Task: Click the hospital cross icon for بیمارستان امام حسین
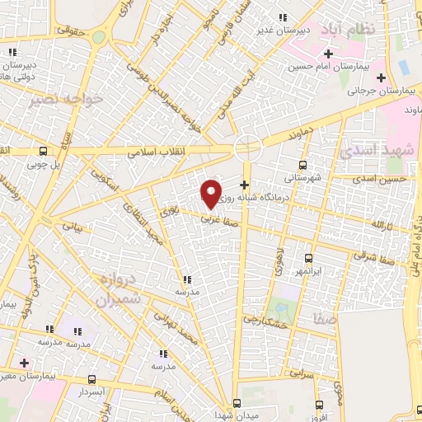pos(328,54)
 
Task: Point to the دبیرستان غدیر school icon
pos(284,17)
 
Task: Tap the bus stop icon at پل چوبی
pos(43,151)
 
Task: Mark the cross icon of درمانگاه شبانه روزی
pos(243,184)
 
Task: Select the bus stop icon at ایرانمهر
pos(308,257)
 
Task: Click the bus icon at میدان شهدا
pos(237,403)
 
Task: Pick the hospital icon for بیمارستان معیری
pos(23,363)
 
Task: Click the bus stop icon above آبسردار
pos(91,380)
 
